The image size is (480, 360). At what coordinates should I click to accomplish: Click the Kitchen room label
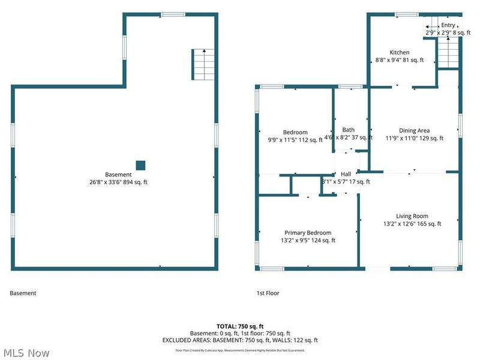400,52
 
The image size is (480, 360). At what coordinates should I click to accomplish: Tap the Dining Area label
414,130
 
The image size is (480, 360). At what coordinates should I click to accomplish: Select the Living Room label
412,216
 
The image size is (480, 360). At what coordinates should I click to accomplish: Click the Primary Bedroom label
307,233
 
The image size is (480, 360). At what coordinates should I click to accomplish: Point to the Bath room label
348,130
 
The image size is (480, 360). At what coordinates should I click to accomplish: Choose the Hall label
346,174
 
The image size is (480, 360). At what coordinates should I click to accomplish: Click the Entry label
448,25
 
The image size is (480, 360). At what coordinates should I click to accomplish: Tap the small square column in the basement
140,165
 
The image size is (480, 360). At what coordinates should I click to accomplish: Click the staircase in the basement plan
202,62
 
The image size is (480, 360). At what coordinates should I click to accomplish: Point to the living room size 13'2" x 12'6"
412,224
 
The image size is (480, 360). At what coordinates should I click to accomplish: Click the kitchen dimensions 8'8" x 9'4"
400,60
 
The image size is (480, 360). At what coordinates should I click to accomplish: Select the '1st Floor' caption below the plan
268,293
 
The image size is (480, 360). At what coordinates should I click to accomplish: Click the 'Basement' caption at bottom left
23,293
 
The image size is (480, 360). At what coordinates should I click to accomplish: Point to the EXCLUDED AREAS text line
240,340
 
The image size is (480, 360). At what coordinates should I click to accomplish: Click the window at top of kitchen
406,14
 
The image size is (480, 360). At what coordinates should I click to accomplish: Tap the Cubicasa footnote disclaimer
240,350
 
